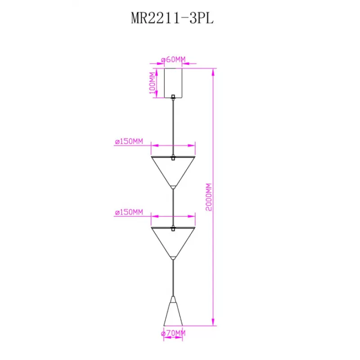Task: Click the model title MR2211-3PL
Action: [x=172, y=18]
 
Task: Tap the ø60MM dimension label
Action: [x=173, y=59]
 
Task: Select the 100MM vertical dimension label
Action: [x=152, y=83]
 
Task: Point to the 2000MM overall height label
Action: [x=208, y=197]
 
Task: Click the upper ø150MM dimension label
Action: [x=129, y=141]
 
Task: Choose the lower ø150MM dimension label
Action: [x=129, y=212]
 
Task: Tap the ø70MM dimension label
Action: [x=173, y=333]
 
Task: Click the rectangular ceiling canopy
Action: [x=173, y=83]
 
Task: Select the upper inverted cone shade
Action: [x=173, y=172]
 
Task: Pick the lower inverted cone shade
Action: [x=173, y=243]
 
